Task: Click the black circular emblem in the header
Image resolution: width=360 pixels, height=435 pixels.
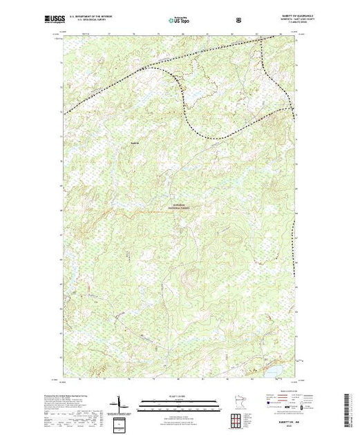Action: point(239,20)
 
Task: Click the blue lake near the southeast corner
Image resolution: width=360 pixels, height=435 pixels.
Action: point(273,369)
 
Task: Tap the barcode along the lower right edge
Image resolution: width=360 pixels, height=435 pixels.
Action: point(354,404)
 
